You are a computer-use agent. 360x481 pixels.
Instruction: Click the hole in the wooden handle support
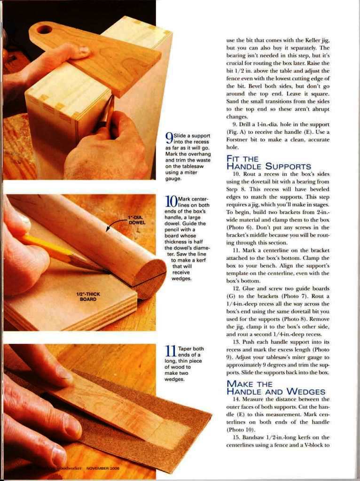(x=45, y=30)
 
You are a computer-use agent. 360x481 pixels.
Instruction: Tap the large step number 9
(x=169, y=139)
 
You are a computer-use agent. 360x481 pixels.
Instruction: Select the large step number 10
(x=171, y=201)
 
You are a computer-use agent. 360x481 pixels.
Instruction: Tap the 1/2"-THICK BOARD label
(x=88, y=296)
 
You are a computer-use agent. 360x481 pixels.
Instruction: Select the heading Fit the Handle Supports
(x=268, y=163)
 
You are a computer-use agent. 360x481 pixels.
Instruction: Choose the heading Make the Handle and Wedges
(x=275, y=388)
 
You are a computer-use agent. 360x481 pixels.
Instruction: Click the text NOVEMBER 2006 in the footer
(x=103, y=468)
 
